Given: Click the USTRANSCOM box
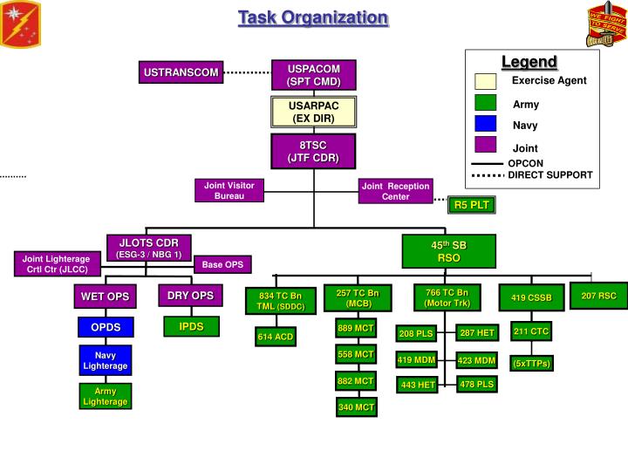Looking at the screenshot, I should click(x=181, y=72).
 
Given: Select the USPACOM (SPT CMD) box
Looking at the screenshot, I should click(x=313, y=75).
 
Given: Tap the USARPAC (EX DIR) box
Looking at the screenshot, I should click(x=313, y=112).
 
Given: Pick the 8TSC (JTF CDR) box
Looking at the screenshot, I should click(x=313, y=151).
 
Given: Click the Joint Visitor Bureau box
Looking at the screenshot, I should click(x=229, y=190).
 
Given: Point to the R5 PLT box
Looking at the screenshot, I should click(x=472, y=205).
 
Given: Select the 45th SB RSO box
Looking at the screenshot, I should click(x=448, y=251).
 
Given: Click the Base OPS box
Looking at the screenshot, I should click(x=223, y=264).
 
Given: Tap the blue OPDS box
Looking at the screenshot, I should click(x=106, y=328).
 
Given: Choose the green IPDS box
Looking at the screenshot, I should click(x=191, y=326).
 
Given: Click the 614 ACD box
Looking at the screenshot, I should click(x=276, y=337).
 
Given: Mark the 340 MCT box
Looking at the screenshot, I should click(x=356, y=406).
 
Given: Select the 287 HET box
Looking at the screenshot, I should click(x=477, y=332).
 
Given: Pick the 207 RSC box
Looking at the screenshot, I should click(x=598, y=297).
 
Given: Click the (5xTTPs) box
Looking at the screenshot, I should click(x=531, y=363).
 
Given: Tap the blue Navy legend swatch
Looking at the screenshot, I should click(x=486, y=125).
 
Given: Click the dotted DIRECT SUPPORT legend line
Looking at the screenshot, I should click(x=487, y=175).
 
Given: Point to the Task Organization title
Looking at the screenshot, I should click(x=313, y=17).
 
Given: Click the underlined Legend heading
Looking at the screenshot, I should click(x=529, y=62).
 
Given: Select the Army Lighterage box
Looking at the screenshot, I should click(x=106, y=396).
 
